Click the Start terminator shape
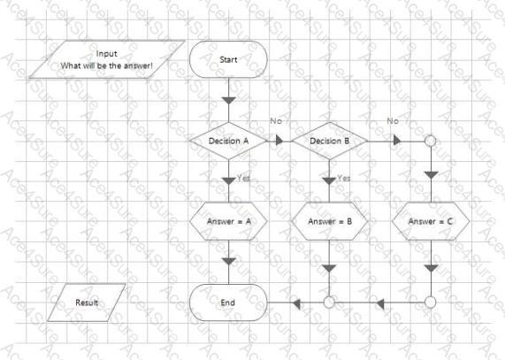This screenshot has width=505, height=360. click(228, 59)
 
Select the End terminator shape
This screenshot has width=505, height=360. click(228, 303)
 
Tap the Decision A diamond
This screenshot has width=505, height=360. click(228, 141)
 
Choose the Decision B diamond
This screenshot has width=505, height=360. click(330, 141)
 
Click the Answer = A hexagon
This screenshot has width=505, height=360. click(228, 221)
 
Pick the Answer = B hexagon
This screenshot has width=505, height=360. click(330, 221)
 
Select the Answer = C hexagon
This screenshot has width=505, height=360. click(431, 221)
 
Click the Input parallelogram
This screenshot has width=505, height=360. click(107, 59)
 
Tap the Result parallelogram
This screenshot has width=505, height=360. click(87, 303)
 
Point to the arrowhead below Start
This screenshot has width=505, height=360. click(229, 101)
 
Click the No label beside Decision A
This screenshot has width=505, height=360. click(276, 121)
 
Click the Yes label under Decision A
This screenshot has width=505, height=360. click(244, 178)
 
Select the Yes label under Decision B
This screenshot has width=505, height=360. click(344, 178)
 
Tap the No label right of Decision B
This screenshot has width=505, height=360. click(393, 121)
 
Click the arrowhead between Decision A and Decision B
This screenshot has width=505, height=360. click(279, 141)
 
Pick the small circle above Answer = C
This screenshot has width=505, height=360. click(431, 141)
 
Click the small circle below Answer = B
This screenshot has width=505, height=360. click(329, 303)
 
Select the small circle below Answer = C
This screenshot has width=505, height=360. click(431, 303)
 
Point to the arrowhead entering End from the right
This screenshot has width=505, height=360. click(296, 303)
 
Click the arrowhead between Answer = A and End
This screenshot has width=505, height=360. click(229, 261)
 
